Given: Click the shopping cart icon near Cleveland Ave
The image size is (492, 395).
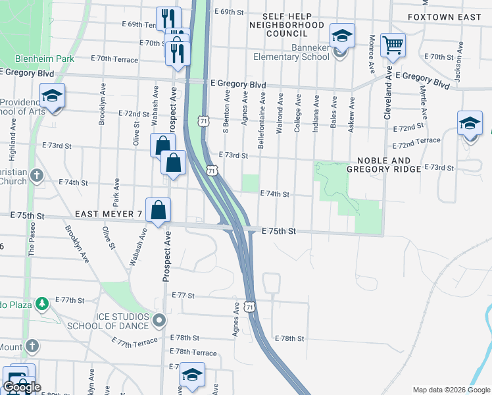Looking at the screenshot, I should pyautogui.click(x=393, y=45).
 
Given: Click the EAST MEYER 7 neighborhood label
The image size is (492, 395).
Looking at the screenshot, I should pyautogui.click(x=109, y=214).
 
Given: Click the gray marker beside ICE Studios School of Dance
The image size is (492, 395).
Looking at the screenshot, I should pyautogui.click(x=159, y=321).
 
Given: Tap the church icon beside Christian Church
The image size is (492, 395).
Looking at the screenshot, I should pyautogui.click(x=36, y=176).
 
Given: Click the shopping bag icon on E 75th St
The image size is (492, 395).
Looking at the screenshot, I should pyautogui.click(x=159, y=211).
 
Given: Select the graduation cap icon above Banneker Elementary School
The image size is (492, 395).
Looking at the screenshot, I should pyautogui.click(x=341, y=36).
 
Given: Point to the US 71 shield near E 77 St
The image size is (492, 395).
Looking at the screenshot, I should pyautogui.click(x=249, y=307).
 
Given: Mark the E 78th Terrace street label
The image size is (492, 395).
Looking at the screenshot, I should pyautogui.click(x=193, y=353).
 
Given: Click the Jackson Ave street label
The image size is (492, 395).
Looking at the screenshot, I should pyautogui.click(x=456, y=63).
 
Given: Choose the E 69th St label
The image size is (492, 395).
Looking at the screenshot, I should pyautogui.click(x=229, y=12).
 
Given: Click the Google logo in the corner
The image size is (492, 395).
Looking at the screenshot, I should pyautogui.click(x=22, y=387).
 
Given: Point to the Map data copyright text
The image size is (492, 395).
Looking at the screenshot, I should pyautogui.click(x=451, y=390).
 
